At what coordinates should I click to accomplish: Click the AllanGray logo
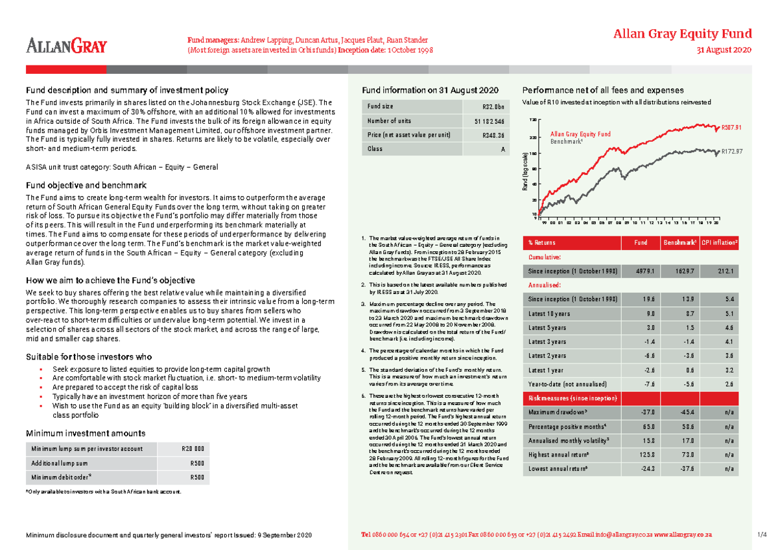pyautogui.click(x=66, y=45)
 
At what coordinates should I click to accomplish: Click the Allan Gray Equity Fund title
pyautogui.click(x=683, y=34)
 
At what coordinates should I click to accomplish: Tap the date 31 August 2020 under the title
pyautogui.click(x=724, y=51)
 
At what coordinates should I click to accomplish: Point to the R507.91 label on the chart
pyautogui.click(x=731, y=128)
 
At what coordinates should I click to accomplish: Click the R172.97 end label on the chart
pyautogui.click(x=731, y=152)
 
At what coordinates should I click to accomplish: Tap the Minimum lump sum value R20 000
pyautogui.click(x=194, y=449)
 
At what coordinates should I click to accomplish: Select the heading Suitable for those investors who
pyautogui.click(x=88, y=357)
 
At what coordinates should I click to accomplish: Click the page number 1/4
pyautogui.click(x=761, y=535)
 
